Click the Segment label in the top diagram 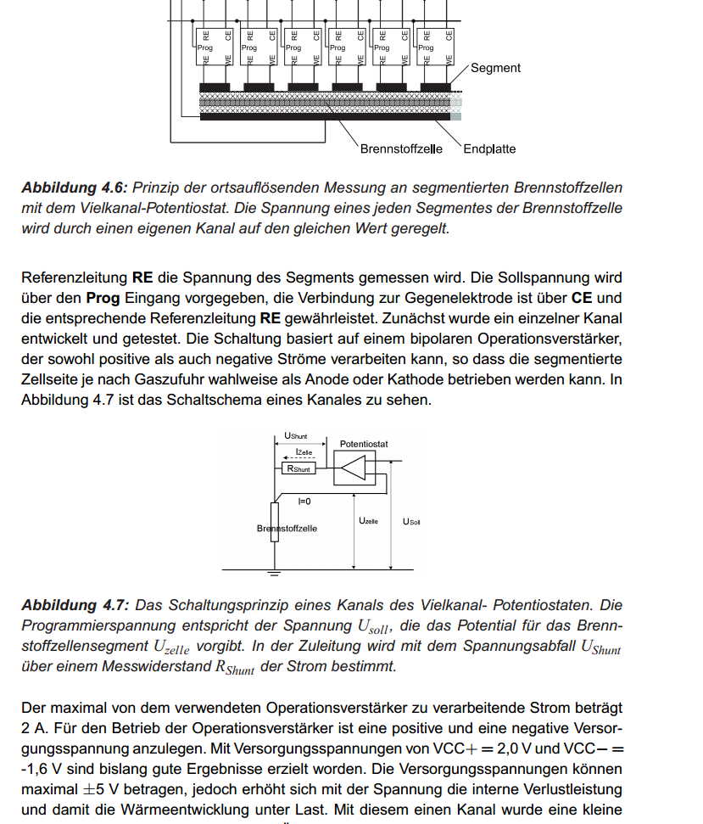(x=495, y=68)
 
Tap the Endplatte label (x=489, y=149)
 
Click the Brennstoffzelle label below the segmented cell (x=401, y=149)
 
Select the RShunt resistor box (x=298, y=468)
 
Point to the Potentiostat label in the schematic (x=364, y=444)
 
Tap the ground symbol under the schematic (x=274, y=574)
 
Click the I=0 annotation (x=304, y=501)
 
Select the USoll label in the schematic (x=411, y=521)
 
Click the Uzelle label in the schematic (x=368, y=520)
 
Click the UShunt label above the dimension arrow (x=295, y=436)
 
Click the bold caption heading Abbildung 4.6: (x=75, y=188)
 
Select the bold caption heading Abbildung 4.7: (x=75, y=605)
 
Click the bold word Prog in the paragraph (x=102, y=298)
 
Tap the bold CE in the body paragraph (x=582, y=298)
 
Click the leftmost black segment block (x=215, y=87)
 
